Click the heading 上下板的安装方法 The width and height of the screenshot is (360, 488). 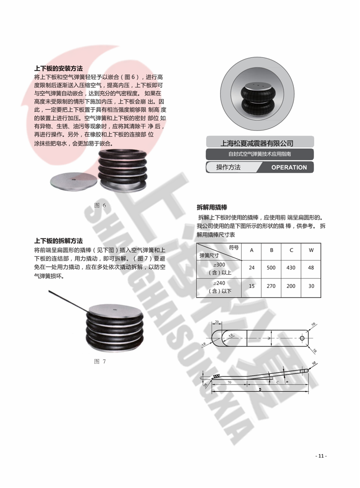[58, 69]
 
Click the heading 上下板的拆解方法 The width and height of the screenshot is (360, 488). [58, 241]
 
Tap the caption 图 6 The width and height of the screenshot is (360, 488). [100, 206]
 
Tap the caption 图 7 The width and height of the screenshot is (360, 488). [100, 361]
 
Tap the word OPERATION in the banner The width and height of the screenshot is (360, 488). [288, 167]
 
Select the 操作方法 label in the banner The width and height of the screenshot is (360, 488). [229, 167]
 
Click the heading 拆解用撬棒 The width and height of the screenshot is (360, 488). [212, 207]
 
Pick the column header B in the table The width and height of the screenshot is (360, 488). [271, 250]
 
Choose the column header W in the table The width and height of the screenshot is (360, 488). [310, 250]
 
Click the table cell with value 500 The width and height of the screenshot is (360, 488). [271, 268]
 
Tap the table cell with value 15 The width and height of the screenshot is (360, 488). [252, 287]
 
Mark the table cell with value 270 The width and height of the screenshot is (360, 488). [271, 287]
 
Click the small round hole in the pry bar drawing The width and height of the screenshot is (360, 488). [301, 337]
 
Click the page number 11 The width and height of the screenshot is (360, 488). [321, 456]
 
